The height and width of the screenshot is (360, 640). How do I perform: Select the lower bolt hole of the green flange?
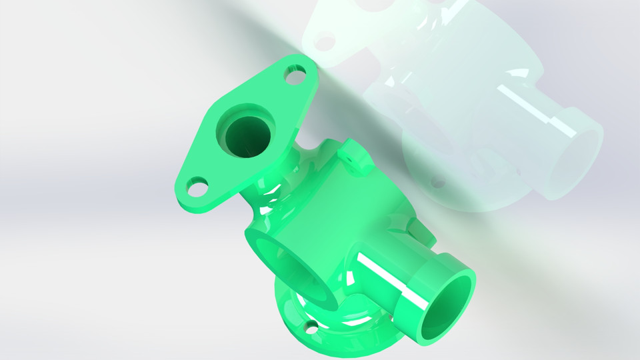195,186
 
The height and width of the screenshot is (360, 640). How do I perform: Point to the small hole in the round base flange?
311,326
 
